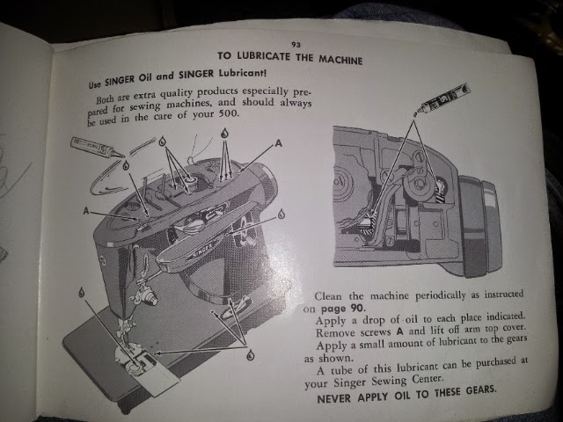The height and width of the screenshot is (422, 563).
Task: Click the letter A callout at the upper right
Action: click(278, 142)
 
